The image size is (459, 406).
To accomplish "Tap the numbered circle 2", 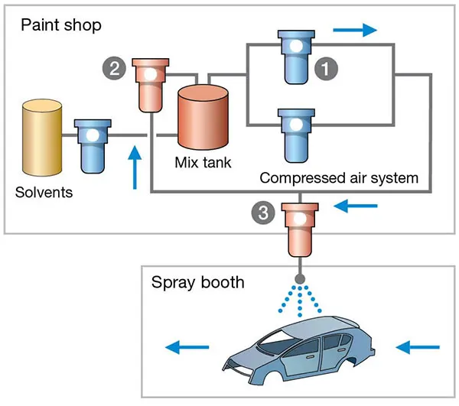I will (x=114, y=69).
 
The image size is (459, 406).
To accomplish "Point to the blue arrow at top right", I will (x=356, y=30).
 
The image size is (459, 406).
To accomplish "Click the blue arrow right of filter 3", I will (x=356, y=205).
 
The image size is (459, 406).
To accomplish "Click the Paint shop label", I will (x=60, y=24).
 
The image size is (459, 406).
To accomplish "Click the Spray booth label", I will (x=198, y=282).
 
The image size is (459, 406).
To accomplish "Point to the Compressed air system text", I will (x=339, y=178).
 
